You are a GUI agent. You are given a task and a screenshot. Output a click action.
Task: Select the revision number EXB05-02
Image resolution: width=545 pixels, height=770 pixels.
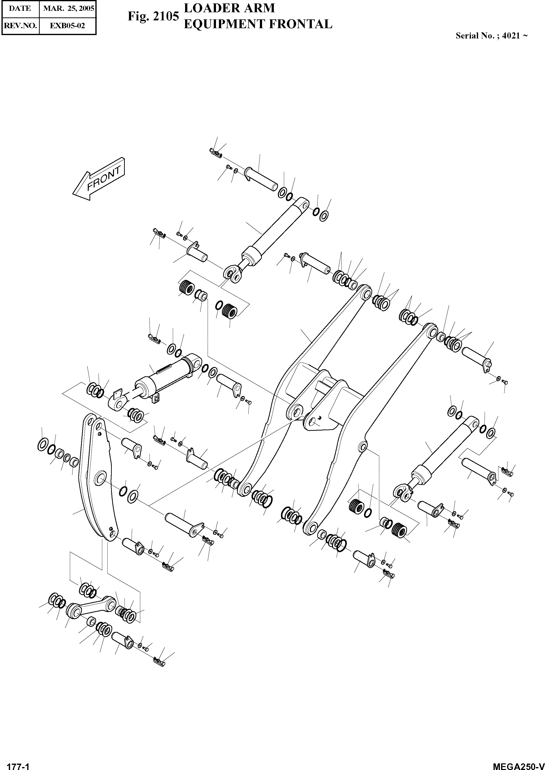(67, 26)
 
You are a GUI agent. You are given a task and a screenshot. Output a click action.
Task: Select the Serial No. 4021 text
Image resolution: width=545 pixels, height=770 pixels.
(491, 36)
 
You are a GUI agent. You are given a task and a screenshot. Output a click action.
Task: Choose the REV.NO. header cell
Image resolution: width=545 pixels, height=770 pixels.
(20, 26)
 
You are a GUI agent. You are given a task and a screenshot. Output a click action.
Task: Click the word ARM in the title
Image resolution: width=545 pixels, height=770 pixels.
(259, 8)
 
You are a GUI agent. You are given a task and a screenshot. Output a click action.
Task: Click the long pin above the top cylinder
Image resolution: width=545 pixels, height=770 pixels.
(261, 178)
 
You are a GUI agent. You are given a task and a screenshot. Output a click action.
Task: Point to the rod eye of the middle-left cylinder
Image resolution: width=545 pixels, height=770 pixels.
(118, 402)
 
